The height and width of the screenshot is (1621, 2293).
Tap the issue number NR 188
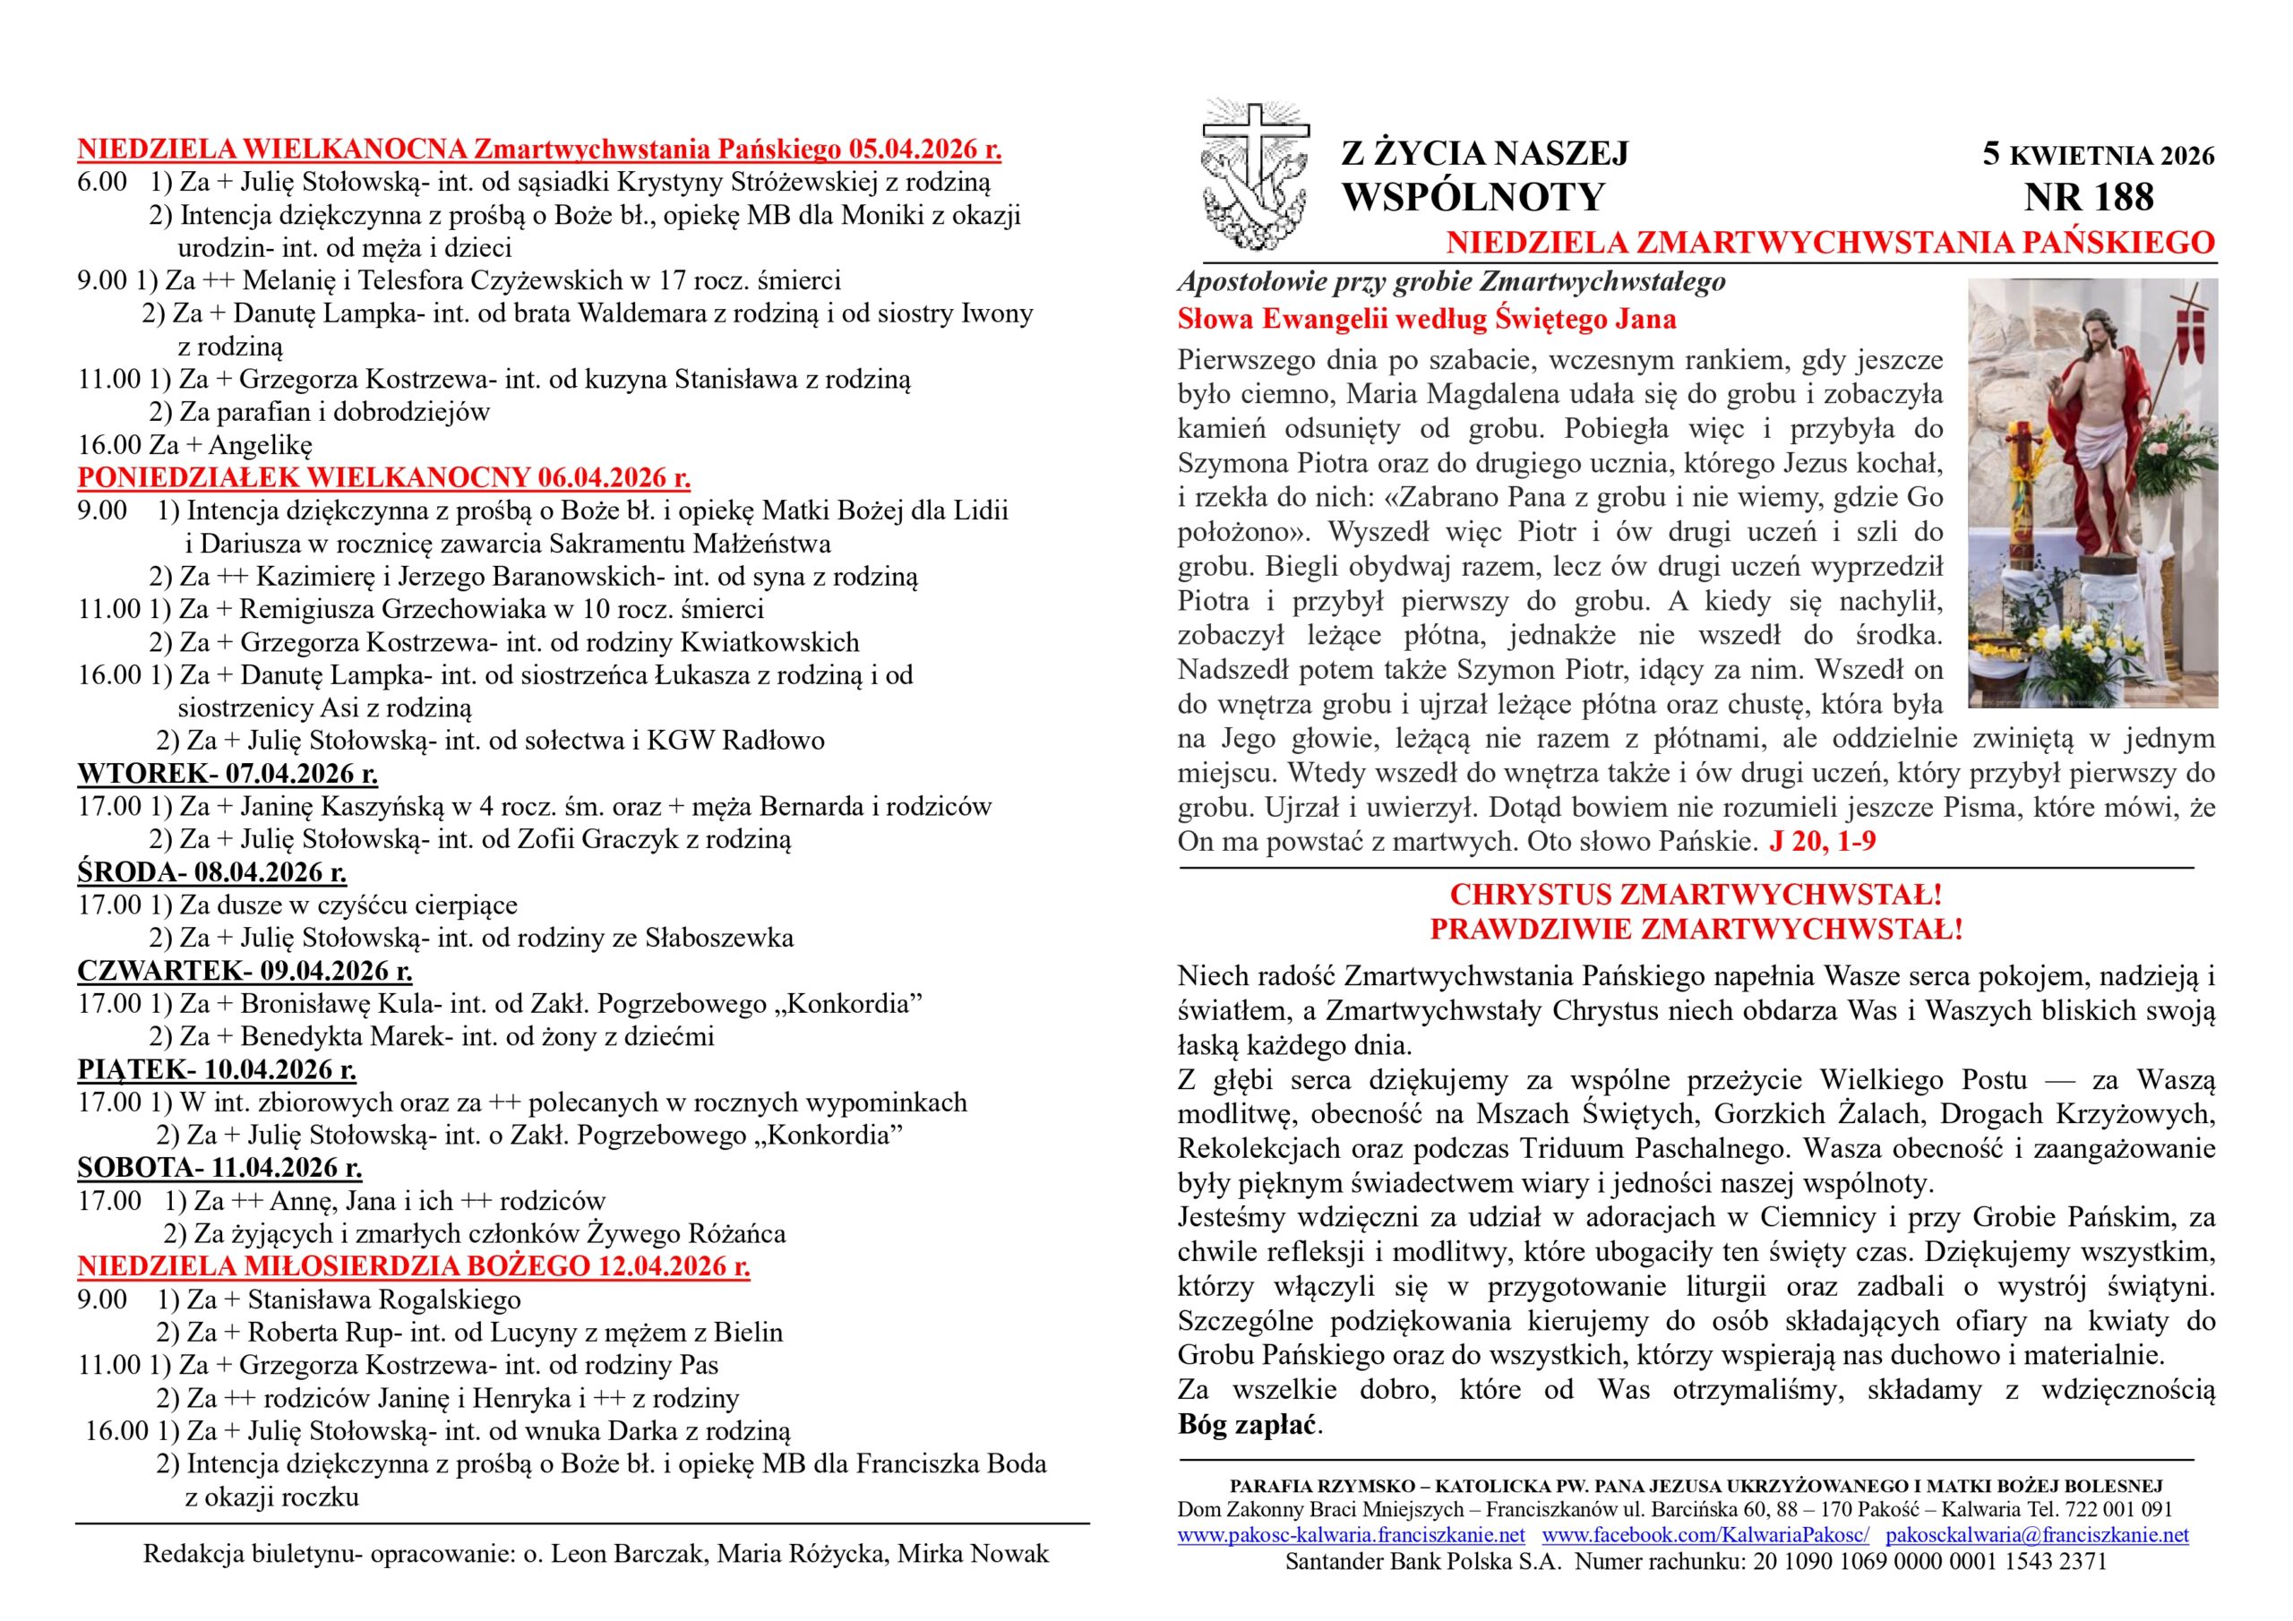[x=2088, y=198]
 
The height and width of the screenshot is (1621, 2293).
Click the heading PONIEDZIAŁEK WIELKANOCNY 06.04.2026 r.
[x=383, y=477]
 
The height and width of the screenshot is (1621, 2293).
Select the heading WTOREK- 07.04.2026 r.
[x=228, y=773]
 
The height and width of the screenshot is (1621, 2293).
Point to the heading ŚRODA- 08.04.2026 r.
[x=211, y=872]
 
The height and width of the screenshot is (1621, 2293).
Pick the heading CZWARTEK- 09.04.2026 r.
[x=245, y=971]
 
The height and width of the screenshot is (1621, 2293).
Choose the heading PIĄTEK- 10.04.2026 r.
[x=217, y=1069]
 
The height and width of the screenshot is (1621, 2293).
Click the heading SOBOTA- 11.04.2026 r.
[x=219, y=1168]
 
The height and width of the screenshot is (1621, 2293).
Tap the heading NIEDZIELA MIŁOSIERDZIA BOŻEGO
[x=414, y=1266]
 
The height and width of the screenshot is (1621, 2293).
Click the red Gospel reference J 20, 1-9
[x=1822, y=841]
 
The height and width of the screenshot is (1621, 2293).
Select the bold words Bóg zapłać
[x=1248, y=1424]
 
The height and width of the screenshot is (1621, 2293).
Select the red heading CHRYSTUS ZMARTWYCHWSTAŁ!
[x=1696, y=894]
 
